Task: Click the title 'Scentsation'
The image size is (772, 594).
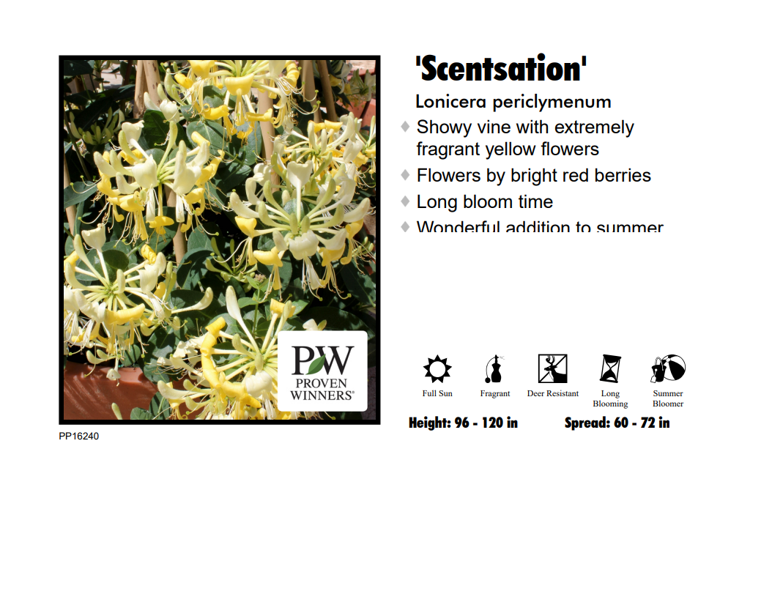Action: (501, 69)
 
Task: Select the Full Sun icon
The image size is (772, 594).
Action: (437, 368)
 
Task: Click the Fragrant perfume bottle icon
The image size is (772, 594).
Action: (494, 368)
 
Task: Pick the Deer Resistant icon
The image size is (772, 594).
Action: (552, 368)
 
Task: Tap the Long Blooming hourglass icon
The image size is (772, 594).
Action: (610, 368)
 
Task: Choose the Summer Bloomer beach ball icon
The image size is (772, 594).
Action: (668, 368)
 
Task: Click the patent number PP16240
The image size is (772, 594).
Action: (79, 437)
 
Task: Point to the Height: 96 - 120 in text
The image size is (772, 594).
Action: (463, 423)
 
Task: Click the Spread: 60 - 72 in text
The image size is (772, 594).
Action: (617, 423)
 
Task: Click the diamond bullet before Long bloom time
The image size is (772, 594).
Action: (405, 201)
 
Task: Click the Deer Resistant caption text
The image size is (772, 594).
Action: (553, 394)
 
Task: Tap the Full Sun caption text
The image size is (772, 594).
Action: (437, 394)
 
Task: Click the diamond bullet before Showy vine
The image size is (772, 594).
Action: (405, 127)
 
